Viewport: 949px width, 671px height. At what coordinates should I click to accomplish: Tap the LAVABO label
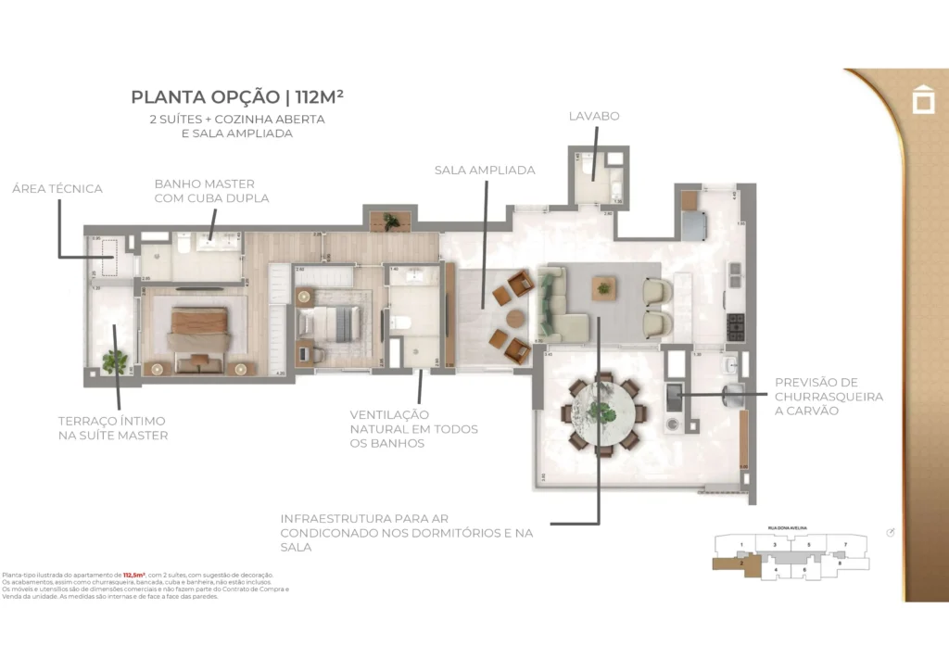coord(594,117)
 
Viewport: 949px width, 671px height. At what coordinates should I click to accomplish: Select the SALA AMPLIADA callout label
coord(485,171)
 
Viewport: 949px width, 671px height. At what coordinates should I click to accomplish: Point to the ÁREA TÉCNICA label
coord(57,189)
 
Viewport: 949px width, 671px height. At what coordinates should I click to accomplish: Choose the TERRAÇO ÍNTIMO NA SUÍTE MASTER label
coord(112,428)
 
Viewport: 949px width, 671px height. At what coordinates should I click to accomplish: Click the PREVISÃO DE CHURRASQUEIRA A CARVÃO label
coord(829,396)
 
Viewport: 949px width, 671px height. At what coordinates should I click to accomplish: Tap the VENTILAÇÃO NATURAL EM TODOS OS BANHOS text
coord(413,429)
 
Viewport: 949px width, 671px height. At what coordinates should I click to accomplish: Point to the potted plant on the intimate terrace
coord(115,361)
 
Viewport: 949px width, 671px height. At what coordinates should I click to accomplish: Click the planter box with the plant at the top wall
coord(390,221)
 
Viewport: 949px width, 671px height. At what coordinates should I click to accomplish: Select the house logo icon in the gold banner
coord(923,99)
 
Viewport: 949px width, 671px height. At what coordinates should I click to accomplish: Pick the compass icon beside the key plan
coord(891,532)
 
